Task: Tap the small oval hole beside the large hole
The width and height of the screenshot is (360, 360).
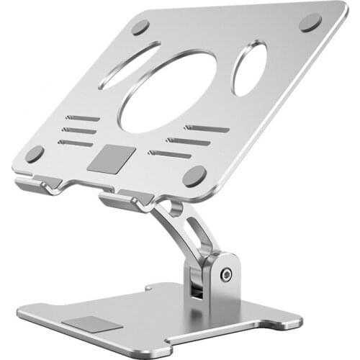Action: coord(249,68)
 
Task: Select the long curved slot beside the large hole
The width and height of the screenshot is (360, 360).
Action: coord(130,65)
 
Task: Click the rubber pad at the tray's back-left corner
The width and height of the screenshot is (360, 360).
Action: coord(140,27)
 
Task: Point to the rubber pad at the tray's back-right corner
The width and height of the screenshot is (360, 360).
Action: coord(310,22)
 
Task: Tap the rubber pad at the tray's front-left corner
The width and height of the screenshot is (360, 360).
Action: coord(34,153)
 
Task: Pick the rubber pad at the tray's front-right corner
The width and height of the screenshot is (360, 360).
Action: coord(194,175)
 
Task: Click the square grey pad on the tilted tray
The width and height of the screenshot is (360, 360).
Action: coord(107,159)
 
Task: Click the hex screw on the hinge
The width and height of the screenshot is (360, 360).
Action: coord(226,274)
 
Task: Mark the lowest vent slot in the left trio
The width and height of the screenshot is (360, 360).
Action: coord(76,143)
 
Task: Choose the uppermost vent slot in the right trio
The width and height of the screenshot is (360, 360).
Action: coord(206,129)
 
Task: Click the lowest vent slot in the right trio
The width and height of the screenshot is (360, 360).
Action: coord(170,154)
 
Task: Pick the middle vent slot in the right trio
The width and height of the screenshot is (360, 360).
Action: coord(188,141)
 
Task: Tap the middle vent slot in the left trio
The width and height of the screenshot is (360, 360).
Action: coord(78,130)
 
